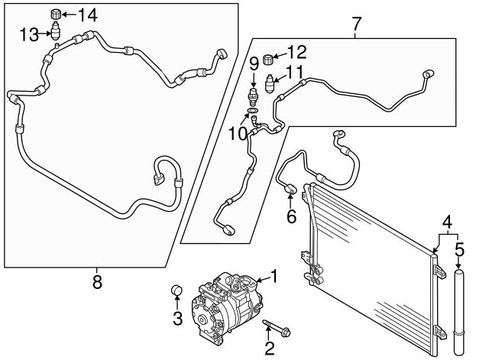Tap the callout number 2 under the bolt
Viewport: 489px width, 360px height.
coord(269,349)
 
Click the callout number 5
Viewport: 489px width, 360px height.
coord(459,248)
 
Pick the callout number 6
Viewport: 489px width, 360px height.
coord(291,217)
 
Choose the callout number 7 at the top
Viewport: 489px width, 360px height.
coord(357,23)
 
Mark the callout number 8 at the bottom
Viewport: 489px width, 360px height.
coord(97,282)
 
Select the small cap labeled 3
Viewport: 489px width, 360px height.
coord(176,290)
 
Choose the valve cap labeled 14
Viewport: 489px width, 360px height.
coord(56,14)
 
